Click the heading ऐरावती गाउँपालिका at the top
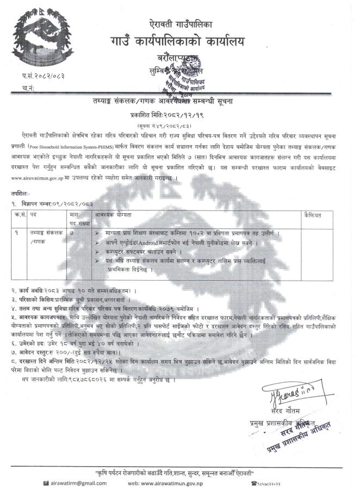180,24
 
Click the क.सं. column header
21,215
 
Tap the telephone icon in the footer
254,483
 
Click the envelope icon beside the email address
47,483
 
